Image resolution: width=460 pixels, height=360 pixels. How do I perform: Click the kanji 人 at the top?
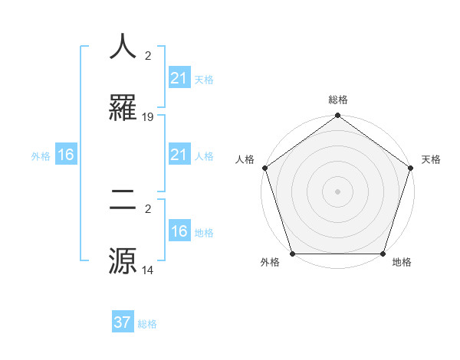click(123, 47)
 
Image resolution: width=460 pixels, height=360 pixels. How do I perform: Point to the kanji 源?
click(123, 260)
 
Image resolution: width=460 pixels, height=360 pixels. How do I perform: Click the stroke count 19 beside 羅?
click(148, 117)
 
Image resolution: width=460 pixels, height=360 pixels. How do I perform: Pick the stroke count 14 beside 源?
click(148, 270)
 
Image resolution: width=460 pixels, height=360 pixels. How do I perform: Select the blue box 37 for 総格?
click(123, 322)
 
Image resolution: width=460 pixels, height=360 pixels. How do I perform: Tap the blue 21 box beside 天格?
click(179, 78)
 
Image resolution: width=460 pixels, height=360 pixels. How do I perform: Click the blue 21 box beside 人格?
click(179, 155)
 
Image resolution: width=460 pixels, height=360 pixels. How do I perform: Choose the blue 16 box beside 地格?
click(179, 231)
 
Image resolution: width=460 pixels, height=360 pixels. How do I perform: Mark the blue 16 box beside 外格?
click(66, 155)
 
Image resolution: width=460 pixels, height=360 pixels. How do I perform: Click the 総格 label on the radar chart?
click(337, 100)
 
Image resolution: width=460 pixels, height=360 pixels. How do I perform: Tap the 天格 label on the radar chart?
click(431, 159)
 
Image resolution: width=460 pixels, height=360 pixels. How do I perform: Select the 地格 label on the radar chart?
click(402, 262)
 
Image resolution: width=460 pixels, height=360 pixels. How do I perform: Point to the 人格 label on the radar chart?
click(245, 159)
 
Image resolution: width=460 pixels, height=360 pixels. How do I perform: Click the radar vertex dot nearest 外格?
click(292, 254)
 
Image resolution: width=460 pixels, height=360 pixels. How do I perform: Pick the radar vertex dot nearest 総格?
click(337, 116)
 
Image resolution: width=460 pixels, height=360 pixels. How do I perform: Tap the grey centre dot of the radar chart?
click(337, 191)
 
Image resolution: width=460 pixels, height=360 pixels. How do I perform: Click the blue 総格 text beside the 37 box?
click(147, 324)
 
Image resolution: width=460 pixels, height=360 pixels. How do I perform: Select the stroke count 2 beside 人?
click(148, 56)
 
